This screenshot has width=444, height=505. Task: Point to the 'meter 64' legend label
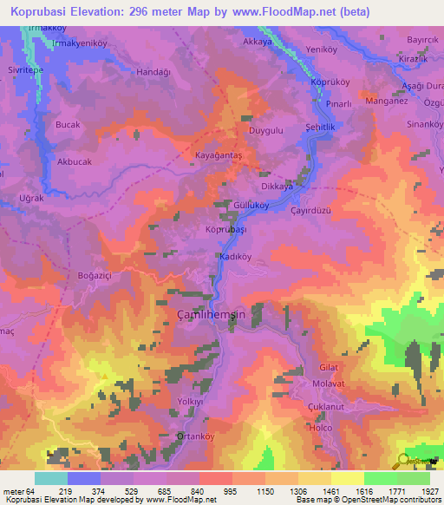[18, 491]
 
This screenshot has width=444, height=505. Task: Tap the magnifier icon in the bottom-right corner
[403, 462]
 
